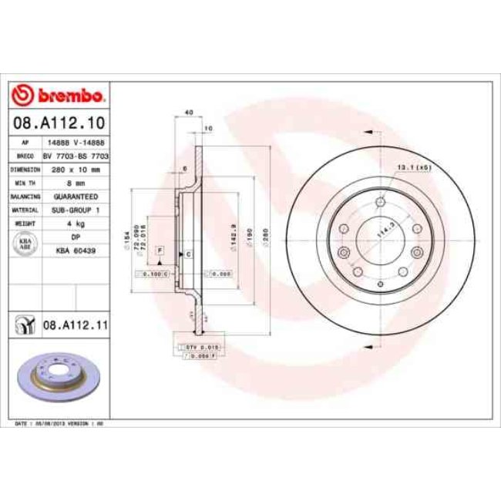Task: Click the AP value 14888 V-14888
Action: coord(76,143)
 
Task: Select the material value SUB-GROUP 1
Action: coord(76,209)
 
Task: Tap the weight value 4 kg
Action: coord(76,222)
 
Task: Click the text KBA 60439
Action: coord(76,250)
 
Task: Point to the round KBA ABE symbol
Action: coord(24,244)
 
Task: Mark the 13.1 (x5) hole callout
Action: coord(412,167)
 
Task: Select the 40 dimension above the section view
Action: coord(188,113)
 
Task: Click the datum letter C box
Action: coord(187,254)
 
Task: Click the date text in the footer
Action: coord(59,424)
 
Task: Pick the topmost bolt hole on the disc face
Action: coord(381,202)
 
